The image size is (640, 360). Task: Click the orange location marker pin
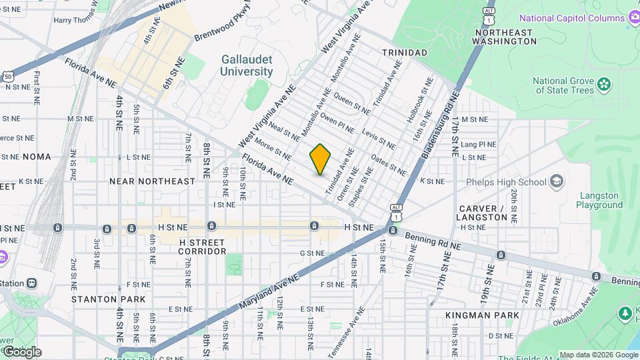320,159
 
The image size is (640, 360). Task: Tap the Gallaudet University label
247,65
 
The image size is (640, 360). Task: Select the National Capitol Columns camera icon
631,18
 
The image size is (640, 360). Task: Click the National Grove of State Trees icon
604,85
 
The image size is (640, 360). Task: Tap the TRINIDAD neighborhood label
404,53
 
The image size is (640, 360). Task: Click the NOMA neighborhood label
37,157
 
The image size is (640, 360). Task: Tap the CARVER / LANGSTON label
482,213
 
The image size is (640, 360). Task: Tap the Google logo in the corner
21,351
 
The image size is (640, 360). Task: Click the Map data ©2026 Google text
598,355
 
